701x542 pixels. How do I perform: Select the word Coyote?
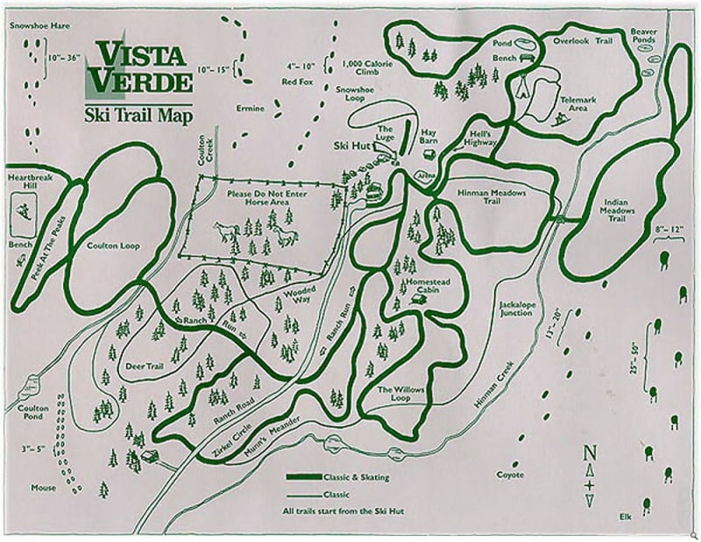click(x=510, y=475)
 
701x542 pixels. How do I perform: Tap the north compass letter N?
click(x=590, y=453)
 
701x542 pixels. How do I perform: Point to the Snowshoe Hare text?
click(x=39, y=25)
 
